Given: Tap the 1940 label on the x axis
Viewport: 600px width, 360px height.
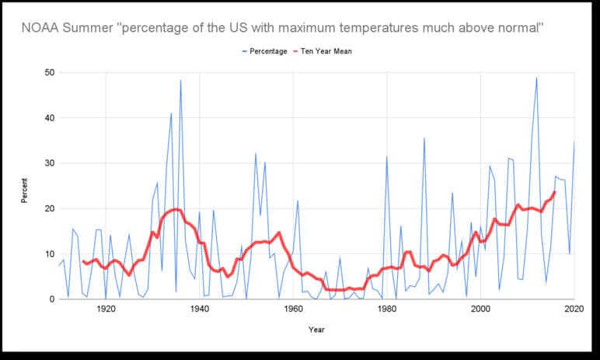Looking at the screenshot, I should click(x=199, y=309).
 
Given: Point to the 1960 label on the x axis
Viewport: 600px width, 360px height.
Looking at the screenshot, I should click(x=293, y=309).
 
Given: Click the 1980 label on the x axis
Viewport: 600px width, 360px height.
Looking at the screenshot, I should click(x=387, y=309).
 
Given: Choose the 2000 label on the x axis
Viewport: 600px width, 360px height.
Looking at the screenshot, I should click(x=480, y=309).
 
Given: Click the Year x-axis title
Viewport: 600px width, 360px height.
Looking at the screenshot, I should click(x=316, y=329).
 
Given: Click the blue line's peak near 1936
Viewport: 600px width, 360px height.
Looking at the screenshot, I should click(x=180, y=80).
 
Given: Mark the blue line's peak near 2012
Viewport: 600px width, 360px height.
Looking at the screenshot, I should click(x=536, y=78).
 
